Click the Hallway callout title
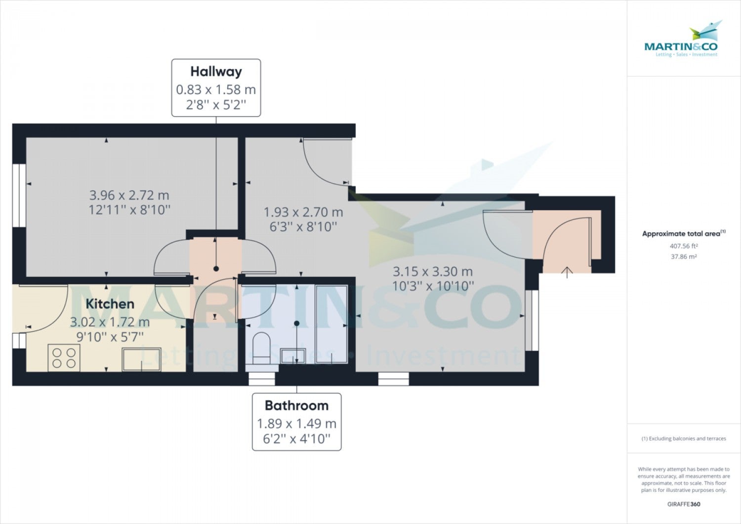pos(216,72)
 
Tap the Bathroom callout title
pos(297,406)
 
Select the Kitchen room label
pos(110,304)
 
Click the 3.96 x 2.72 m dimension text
pos(129,195)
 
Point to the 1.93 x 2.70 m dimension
pos(303,212)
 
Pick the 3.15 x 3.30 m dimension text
pos(433,272)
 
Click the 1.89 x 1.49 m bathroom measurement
pos(297,423)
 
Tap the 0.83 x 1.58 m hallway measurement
pos(216,89)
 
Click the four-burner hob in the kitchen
pos(64,358)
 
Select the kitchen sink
pos(142,359)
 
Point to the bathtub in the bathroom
pos(331,324)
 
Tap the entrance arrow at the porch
pos(567,272)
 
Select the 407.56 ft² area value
pos(684,246)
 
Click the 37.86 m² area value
pos(684,257)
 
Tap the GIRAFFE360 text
pos(684,504)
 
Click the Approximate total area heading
pos(684,233)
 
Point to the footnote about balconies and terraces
pos(684,438)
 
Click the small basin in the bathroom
pos(293,356)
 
